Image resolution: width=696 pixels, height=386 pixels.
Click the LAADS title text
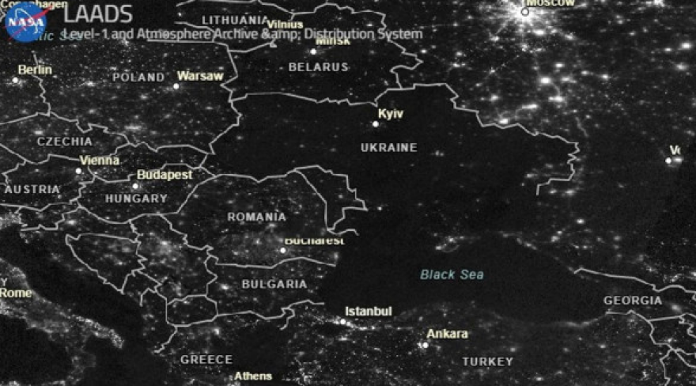(x=88, y=13)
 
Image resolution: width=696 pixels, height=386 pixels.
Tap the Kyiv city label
(x=391, y=115)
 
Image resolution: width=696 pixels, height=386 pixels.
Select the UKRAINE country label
(x=388, y=148)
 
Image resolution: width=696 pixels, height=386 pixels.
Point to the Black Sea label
(x=452, y=274)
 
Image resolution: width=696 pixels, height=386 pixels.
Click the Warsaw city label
(x=200, y=76)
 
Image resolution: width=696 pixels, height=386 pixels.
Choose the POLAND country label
(x=138, y=78)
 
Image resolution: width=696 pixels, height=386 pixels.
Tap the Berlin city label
(x=35, y=70)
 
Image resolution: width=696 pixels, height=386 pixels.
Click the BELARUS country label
(x=318, y=67)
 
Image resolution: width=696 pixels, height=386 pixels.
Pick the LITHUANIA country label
(x=235, y=20)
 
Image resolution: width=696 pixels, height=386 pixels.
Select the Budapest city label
(x=165, y=174)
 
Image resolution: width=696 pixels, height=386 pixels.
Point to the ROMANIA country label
(x=257, y=217)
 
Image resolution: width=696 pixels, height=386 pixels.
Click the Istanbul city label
(x=369, y=312)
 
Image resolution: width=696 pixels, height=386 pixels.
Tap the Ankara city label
(x=447, y=334)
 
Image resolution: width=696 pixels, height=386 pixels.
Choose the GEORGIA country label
(x=633, y=301)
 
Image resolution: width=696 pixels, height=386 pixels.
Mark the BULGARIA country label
(x=274, y=284)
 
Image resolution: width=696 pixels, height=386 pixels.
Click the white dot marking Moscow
(x=524, y=12)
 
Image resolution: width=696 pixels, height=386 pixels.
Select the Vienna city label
(x=100, y=160)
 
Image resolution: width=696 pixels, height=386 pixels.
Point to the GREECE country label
(x=206, y=359)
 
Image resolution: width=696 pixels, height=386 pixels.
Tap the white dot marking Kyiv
(x=376, y=123)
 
